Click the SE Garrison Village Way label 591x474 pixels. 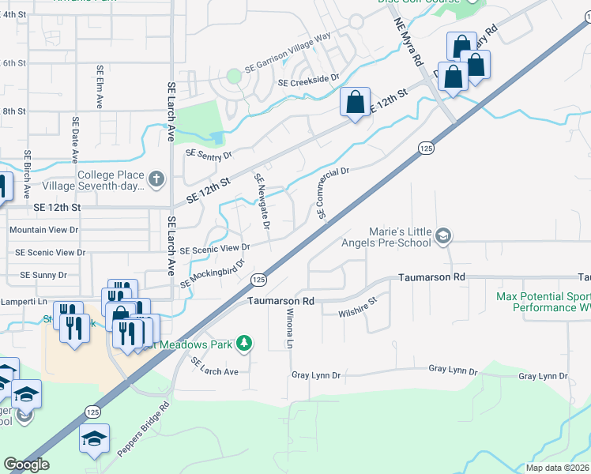tap(288, 52)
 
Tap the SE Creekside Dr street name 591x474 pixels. tap(308, 80)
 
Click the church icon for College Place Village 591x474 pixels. tap(156, 179)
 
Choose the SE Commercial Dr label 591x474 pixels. tap(333, 193)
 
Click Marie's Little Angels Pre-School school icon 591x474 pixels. tap(444, 235)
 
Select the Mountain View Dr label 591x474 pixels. tap(44, 230)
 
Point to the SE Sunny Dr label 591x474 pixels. tap(43, 275)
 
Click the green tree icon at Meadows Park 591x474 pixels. tap(246, 342)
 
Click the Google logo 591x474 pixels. tap(26, 465)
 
